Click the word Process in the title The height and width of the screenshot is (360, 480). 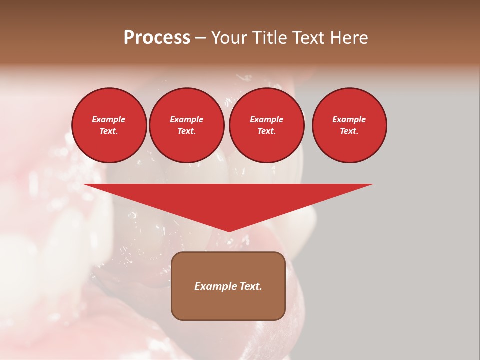click(157, 38)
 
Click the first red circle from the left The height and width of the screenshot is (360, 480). click(109, 125)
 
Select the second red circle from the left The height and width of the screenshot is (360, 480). click(186, 125)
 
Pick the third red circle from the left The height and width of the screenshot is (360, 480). click(266, 125)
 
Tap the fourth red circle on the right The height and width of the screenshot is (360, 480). click(349, 125)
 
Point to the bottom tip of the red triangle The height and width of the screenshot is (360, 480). click(229, 231)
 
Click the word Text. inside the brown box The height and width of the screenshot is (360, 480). click(250, 286)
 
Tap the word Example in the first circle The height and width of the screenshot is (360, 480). click(109, 119)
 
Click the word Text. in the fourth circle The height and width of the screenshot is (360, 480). click(349, 131)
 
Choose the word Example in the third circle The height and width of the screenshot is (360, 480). click(266, 119)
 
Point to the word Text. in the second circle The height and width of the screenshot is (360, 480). click(186, 131)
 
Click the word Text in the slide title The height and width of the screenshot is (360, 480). click(307, 38)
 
